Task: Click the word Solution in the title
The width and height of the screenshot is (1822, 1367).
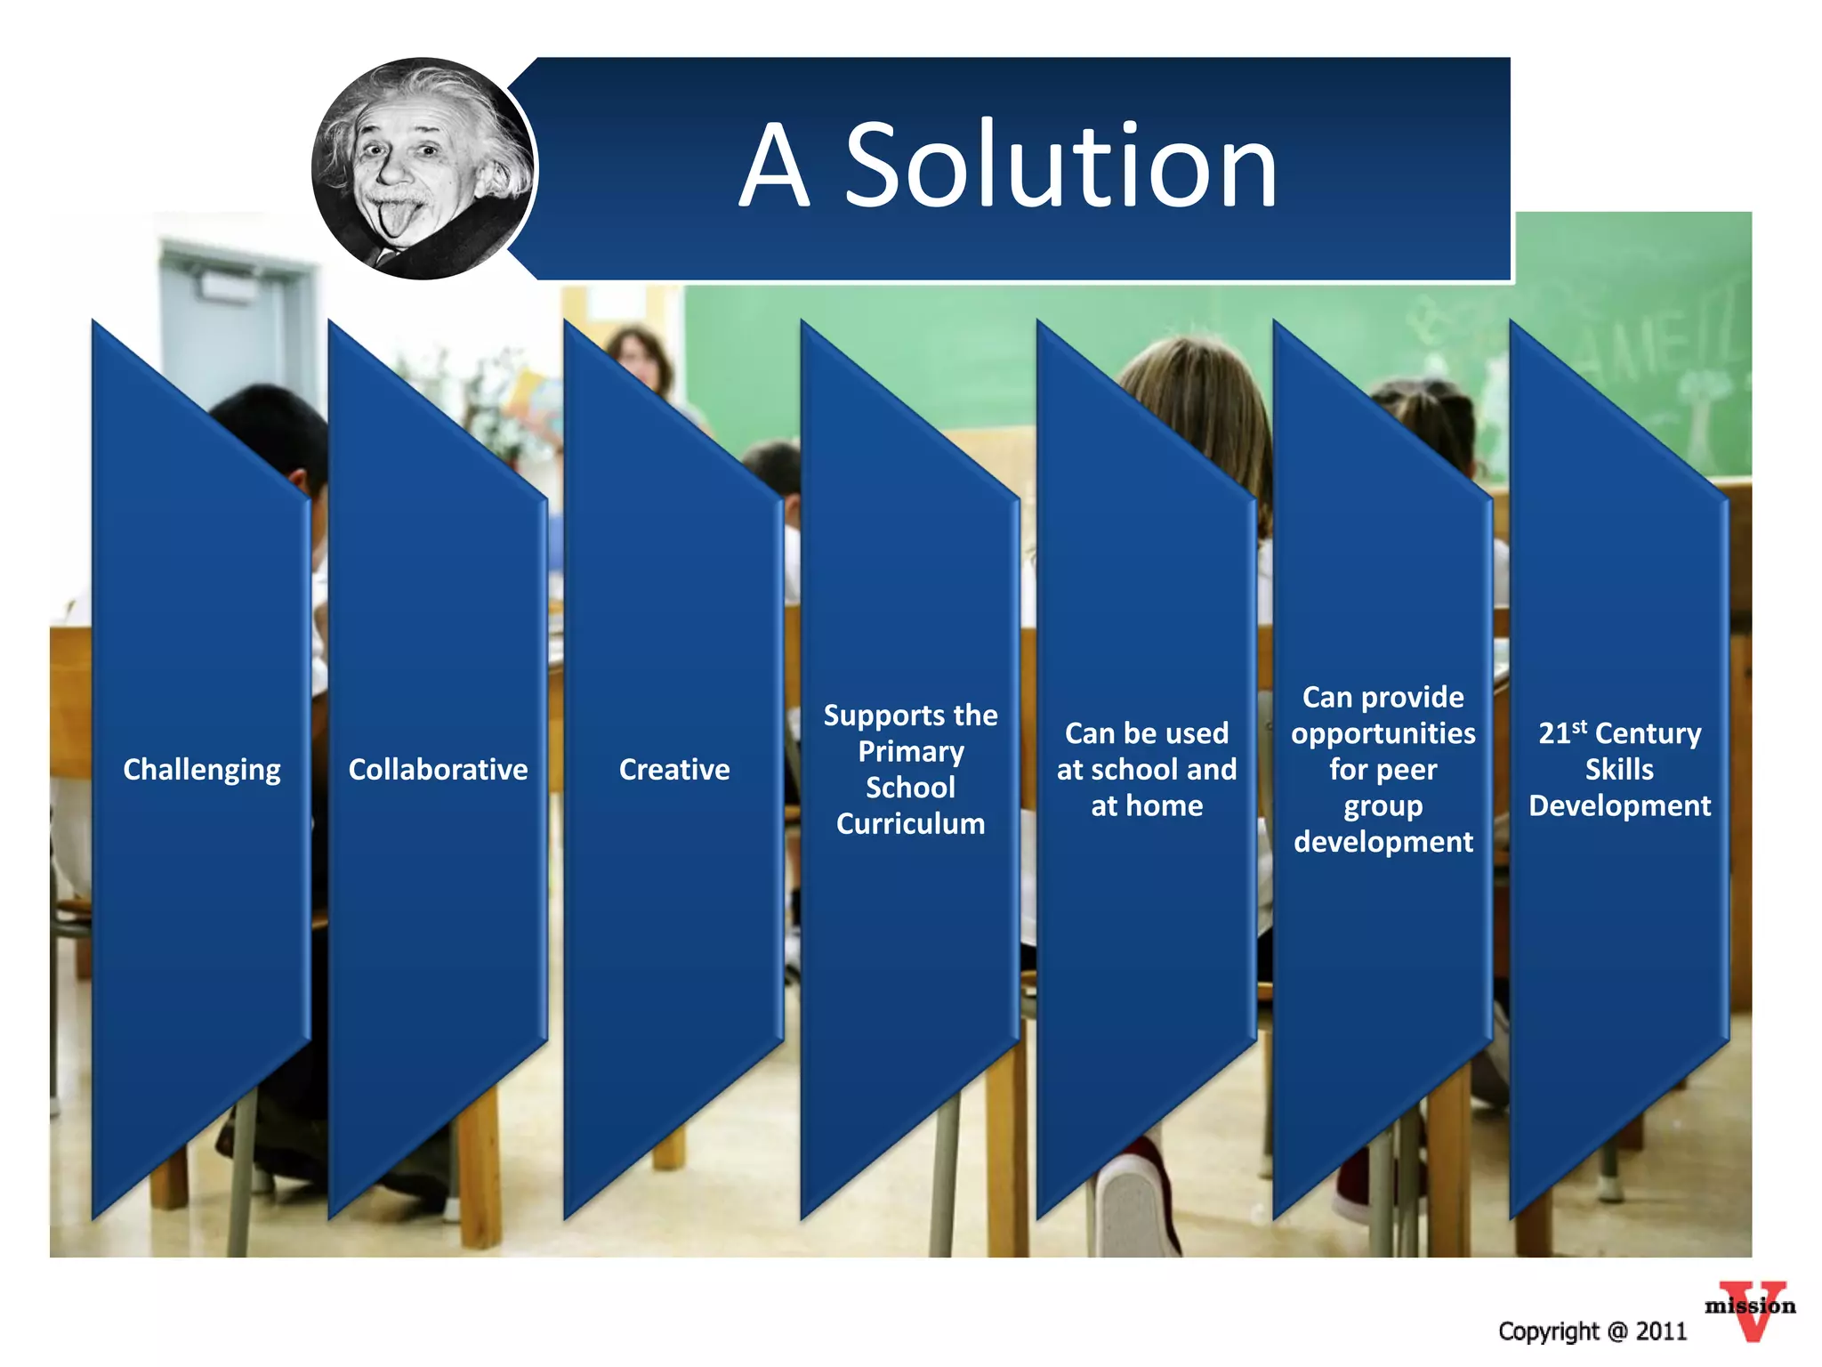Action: [x=1060, y=166]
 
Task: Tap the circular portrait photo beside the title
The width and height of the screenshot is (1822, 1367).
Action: [x=423, y=169]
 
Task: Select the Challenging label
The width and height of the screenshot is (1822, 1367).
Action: [x=202, y=770]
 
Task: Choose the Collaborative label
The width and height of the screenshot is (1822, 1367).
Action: [x=438, y=770]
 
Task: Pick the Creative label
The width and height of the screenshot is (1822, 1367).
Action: [x=674, y=770]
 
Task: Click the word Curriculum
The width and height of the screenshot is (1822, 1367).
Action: [x=910, y=824]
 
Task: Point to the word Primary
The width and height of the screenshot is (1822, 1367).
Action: [x=910, y=752]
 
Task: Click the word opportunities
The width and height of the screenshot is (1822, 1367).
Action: [x=1383, y=734]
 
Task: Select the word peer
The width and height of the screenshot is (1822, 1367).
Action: [x=1407, y=770]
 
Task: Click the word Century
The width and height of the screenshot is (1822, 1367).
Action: [x=1648, y=734]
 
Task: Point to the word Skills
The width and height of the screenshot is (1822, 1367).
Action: [x=1619, y=770]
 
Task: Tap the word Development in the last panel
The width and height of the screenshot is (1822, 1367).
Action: [x=1619, y=806]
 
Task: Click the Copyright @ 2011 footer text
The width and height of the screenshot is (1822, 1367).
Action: [x=1592, y=1331]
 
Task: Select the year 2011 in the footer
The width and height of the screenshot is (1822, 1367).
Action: [x=1661, y=1331]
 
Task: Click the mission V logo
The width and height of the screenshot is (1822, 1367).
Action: [x=1750, y=1310]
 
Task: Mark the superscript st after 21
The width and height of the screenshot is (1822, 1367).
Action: [x=1580, y=726]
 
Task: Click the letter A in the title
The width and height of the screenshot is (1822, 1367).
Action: [x=775, y=166]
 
